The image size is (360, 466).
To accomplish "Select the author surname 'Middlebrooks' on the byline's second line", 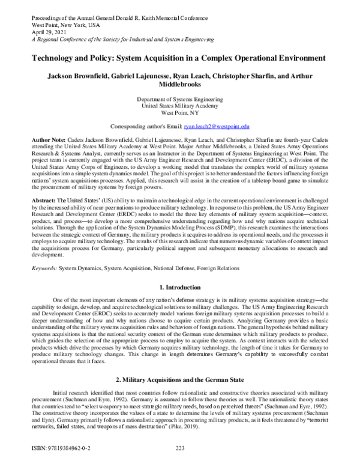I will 179,85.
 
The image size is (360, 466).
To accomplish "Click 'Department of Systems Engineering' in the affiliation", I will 179,98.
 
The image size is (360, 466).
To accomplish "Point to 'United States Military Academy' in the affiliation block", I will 179,105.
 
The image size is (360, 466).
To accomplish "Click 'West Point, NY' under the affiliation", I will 179,112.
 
